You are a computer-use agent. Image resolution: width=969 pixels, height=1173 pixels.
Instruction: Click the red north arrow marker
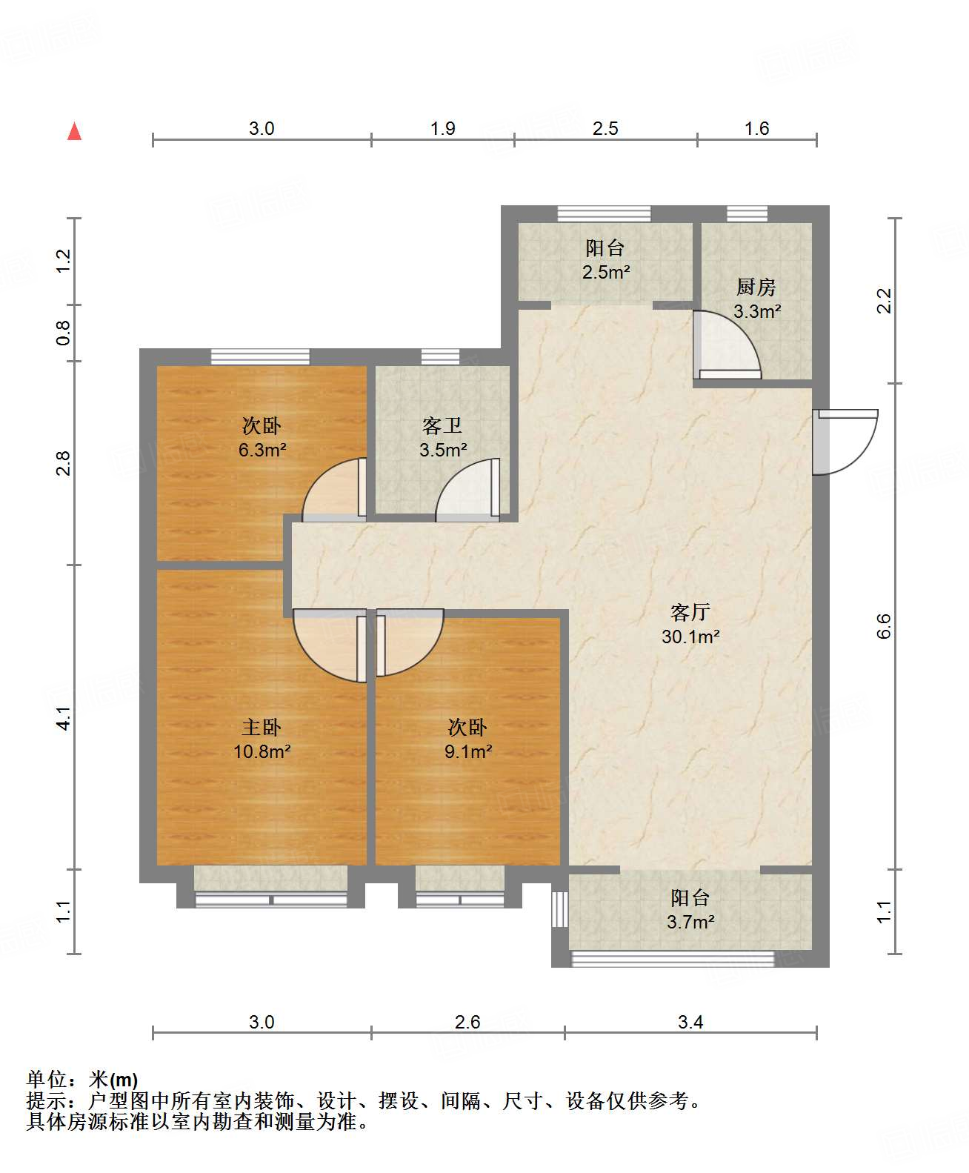pyautogui.click(x=74, y=131)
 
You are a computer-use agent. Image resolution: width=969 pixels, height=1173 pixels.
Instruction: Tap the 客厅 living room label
pyautogui.click(x=690, y=612)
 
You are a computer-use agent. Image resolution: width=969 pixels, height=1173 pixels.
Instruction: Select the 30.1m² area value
pyautogui.click(x=690, y=637)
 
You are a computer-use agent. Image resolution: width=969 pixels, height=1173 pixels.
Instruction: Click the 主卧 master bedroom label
pyautogui.click(x=262, y=728)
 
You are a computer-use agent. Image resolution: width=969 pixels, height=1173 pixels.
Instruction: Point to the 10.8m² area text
pyautogui.click(x=262, y=751)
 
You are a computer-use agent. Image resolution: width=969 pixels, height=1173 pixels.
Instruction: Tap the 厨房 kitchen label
pyautogui.click(x=756, y=287)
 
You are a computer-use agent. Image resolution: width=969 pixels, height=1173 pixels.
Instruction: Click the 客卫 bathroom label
pyautogui.click(x=442, y=426)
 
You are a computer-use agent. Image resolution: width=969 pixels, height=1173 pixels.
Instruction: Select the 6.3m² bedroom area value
pyautogui.click(x=262, y=450)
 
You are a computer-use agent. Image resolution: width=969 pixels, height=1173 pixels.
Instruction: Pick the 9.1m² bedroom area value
pyautogui.click(x=468, y=751)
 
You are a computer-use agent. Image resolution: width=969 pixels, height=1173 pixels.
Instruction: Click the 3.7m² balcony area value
pyautogui.click(x=690, y=922)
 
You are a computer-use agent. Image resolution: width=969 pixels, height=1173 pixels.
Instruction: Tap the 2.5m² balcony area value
pyautogui.click(x=605, y=273)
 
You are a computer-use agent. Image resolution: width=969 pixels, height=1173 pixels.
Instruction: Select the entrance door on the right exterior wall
pyautogui.click(x=845, y=442)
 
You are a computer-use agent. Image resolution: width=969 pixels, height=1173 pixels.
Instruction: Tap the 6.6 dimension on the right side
pyautogui.click(x=884, y=626)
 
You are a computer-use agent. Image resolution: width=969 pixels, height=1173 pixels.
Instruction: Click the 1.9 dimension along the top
pyautogui.click(x=443, y=129)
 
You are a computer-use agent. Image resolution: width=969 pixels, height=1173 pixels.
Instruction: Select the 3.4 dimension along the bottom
pyautogui.click(x=690, y=1022)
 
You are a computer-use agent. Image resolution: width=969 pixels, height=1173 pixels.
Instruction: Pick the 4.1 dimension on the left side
pyautogui.click(x=64, y=719)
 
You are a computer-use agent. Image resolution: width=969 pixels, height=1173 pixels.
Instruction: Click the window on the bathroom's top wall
pyautogui.click(x=440, y=356)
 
